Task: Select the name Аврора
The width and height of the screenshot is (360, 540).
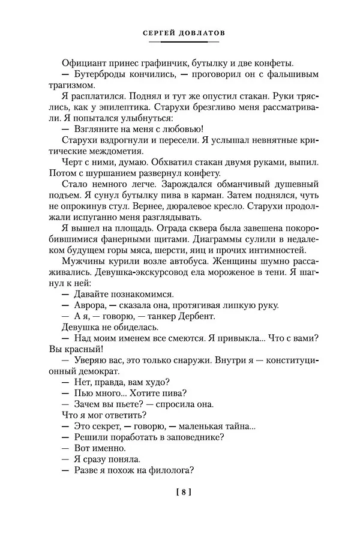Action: (89, 305)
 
